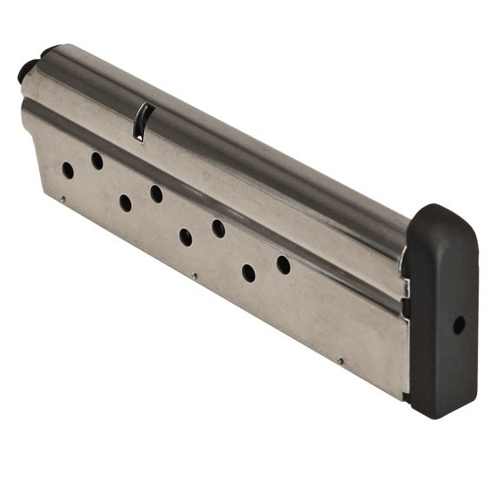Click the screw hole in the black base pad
(459, 325)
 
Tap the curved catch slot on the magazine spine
(141, 121)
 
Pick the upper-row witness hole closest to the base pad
(284, 265)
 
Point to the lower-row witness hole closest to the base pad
(249, 273)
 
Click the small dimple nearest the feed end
(62, 200)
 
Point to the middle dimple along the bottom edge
(194, 277)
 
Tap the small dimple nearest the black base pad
(341, 361)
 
